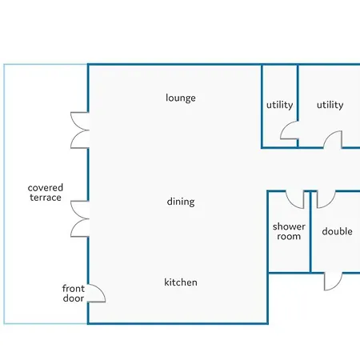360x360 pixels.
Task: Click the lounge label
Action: click(x=181, y=98)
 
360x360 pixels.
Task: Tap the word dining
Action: click(x=181, y=202)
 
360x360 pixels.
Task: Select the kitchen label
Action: click(x=181, y=282)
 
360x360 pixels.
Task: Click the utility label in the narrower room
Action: click(x=279, y=105)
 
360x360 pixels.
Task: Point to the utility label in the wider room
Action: click(x=330, y=105)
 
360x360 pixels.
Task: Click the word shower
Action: click(x=289, y=226)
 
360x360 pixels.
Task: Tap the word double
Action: click(x=337, y=231)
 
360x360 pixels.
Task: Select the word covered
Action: click(x=46, y=188)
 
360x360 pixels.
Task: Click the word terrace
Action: click(x=46, y=198)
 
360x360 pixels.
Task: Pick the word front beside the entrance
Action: click(x=74, y=289)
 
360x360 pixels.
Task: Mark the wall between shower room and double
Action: click(x=310, y=232)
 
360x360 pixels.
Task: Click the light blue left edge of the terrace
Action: click(x=4, y=194)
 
